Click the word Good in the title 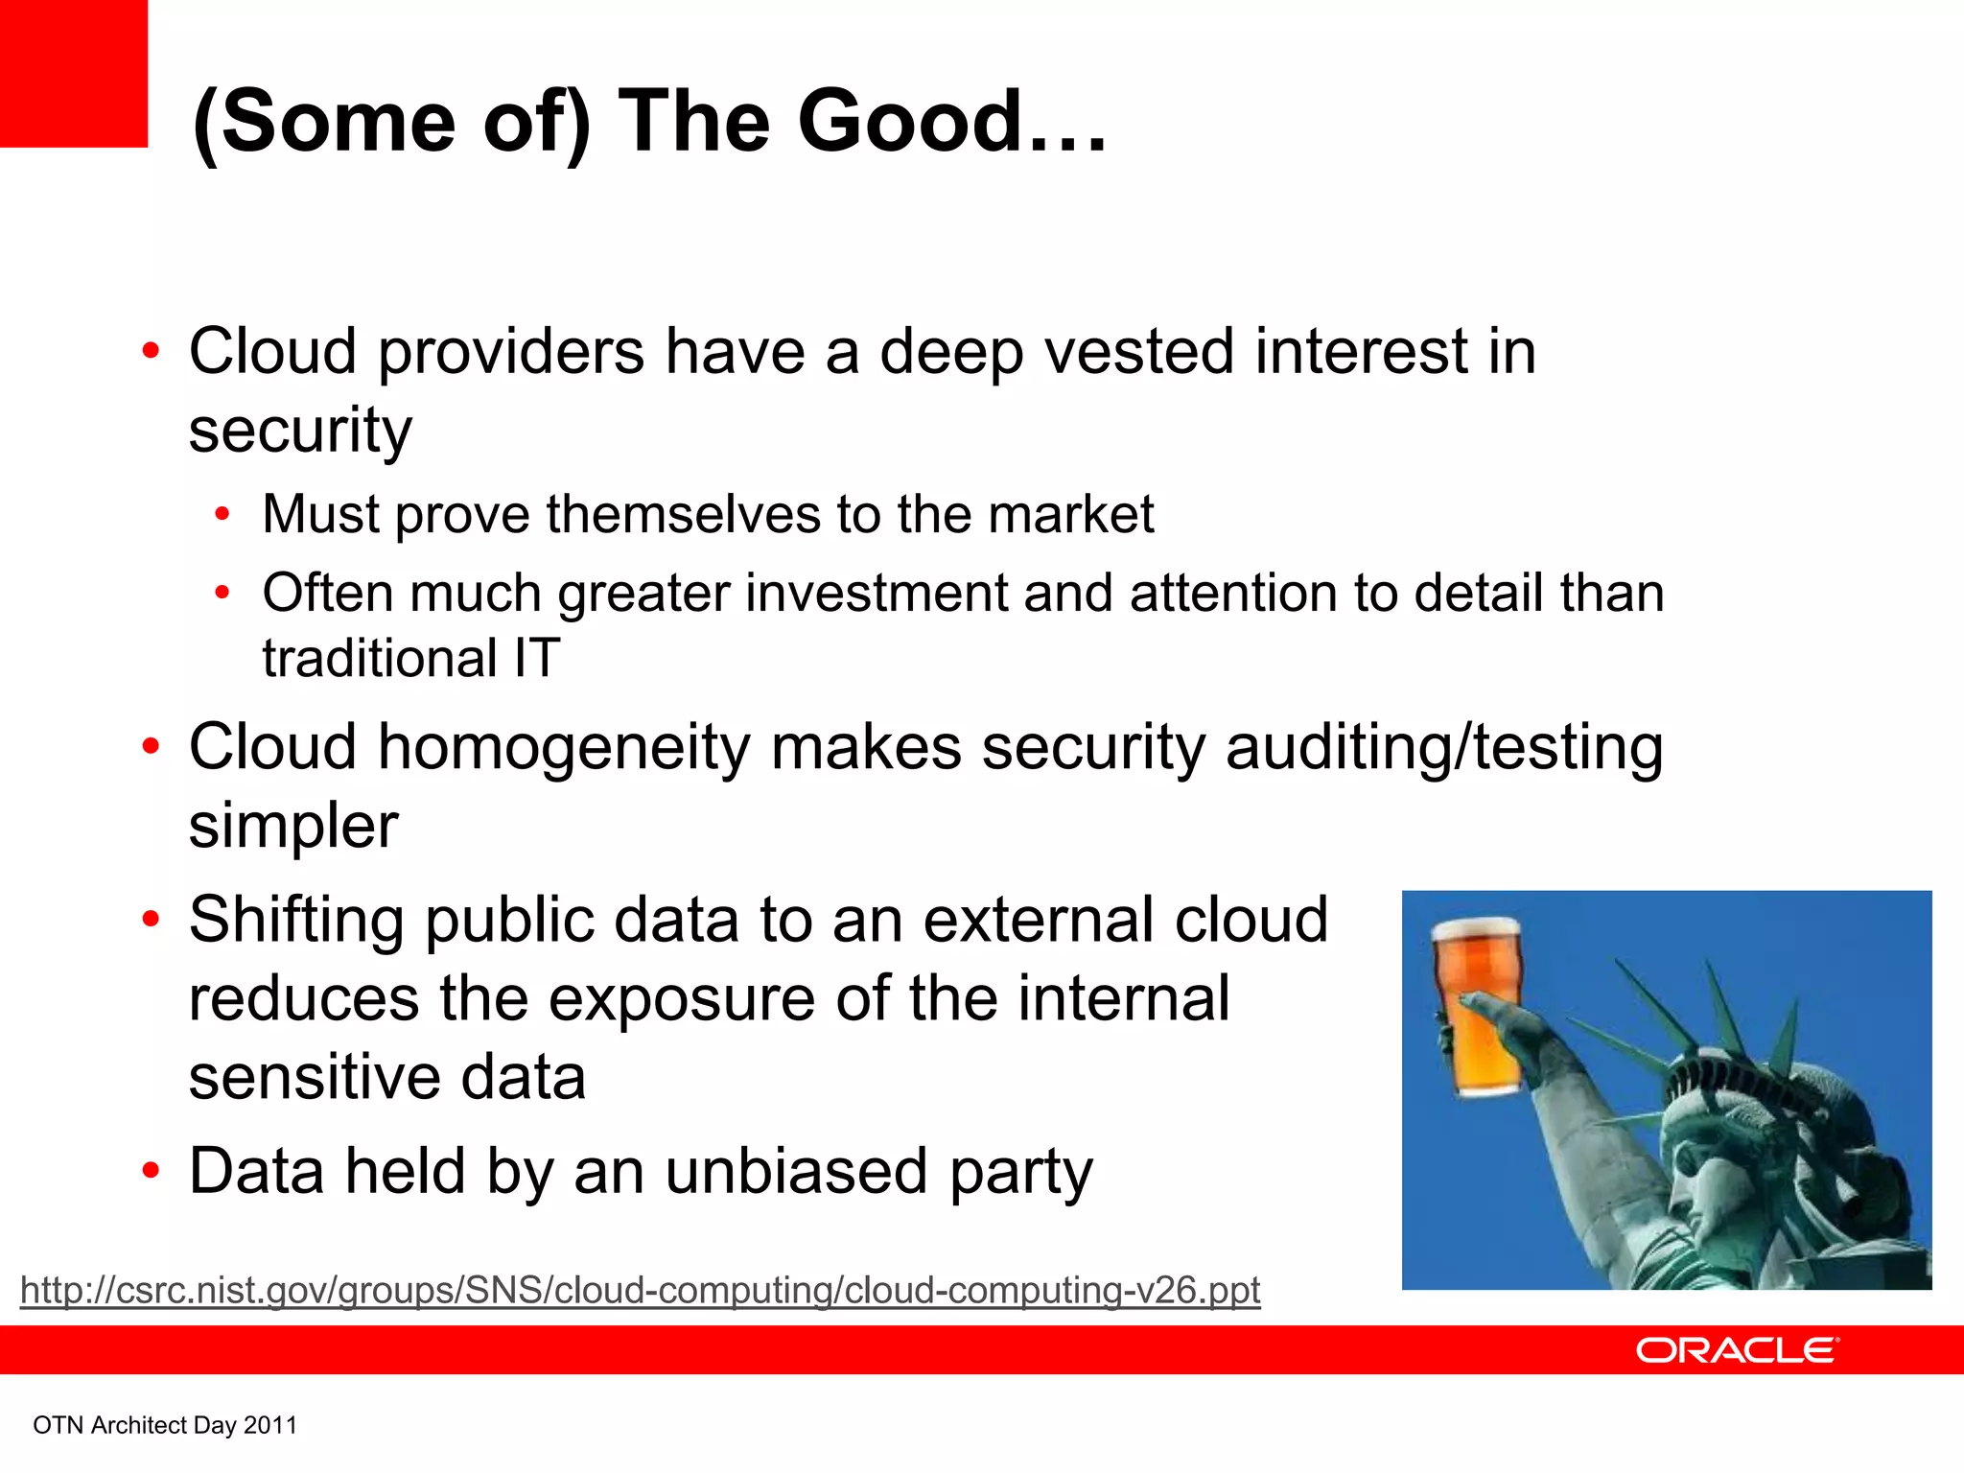pos(911,122)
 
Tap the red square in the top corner pos(73,73)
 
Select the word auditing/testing pos(1444,748)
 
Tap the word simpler pos(292,826)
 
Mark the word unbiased pos(796,1172)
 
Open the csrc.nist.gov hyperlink pos(640,1291)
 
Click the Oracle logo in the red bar pos(1737,1350)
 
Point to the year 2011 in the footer pos(270,1426)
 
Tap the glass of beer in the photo pos(1476,1007)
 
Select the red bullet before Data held pos(151,1171)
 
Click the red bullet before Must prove pos(222,515)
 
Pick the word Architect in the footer pos(139,1426)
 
